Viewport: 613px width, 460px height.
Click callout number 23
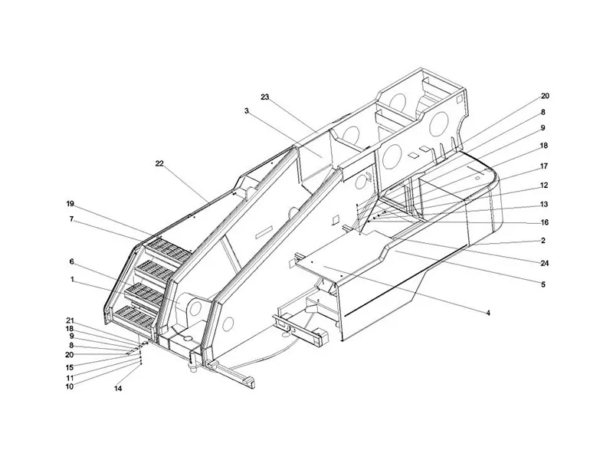pyautogui.click(x=265, y=97)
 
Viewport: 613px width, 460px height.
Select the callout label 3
pyautogui.click(x=246, y=111)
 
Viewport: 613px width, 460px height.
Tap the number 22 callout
pyautogui.click(x=159, y=163)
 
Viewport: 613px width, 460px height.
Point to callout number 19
pyautogui.click(x=70, y=204)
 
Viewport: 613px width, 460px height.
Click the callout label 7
pyautogui.click(x=71, y=219)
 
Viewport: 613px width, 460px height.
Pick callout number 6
pyautogui.click(x=71, y=261)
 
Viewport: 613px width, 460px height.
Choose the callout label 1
pyautogui.click(x=72, y=279)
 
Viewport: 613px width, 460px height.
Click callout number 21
pyautogui.click(x=70, y=320)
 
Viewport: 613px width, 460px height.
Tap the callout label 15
pyautogui.click(x=70, y=368)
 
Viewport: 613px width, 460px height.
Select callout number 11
pyautogui.click(x=70, y=378)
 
